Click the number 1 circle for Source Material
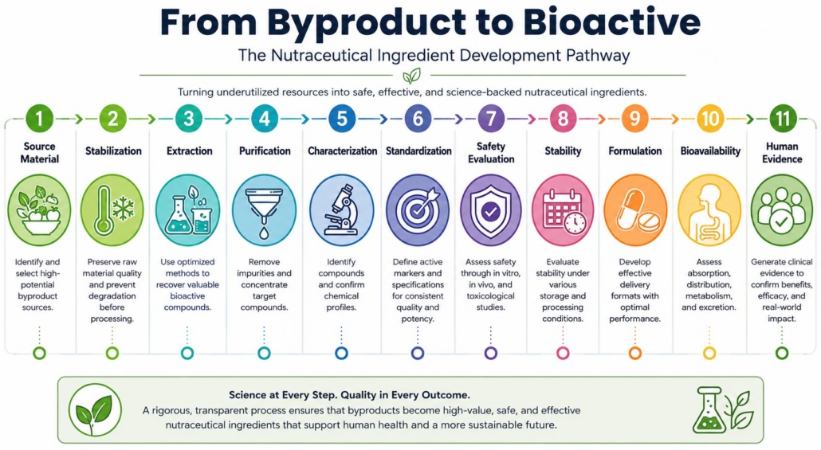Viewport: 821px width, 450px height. pyautogui.click(x=39, y=118)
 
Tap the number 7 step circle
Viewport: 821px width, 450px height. pyautogui.click(x=491, y=118)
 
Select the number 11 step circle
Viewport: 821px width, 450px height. pyautogui.click(x=782, y=118)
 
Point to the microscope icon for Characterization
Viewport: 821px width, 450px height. pyautogui.click(x=341, y=210)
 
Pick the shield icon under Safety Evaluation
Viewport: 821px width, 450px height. pyautogui.click(x=491, y=210)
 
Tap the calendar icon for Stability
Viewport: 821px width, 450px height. pyautogui.click(x=563, y=210)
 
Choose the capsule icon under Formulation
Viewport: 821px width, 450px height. pyautogui.click(x=635, y=210)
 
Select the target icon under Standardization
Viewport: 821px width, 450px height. pyautogui.click(x=418, y=210)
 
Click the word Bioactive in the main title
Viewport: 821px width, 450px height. pyautogui.click(x=611, y=22)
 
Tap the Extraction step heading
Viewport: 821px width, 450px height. pyautogui.click(x=189, y=151)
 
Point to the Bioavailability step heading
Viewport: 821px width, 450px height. pyautogui.click(x=710, y=151)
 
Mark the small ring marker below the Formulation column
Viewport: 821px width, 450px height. pyautogui.click(x=635, y=353)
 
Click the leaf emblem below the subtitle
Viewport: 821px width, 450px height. pyautogui.click(x=411, y=76)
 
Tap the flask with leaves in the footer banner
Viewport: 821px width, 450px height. pyautogui.click(x=724, y=409)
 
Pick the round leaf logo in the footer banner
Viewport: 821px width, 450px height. pyautogui.click(x=96, y=409)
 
